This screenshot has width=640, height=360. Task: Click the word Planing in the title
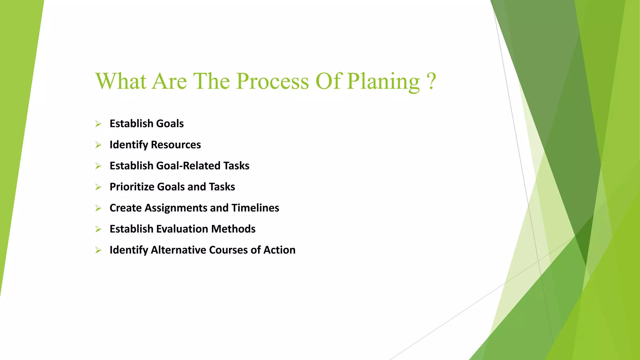(383, 81)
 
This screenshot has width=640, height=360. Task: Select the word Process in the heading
(272, 81)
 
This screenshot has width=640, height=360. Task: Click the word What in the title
(121, 81)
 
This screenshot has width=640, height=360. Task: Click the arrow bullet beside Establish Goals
(98, 124)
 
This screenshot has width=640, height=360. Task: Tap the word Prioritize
(132, 187)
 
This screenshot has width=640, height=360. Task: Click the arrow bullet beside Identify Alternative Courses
(98, 250)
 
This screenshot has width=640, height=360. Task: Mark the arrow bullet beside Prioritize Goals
(98, 187)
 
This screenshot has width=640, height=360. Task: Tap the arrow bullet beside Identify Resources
(98, 145)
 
